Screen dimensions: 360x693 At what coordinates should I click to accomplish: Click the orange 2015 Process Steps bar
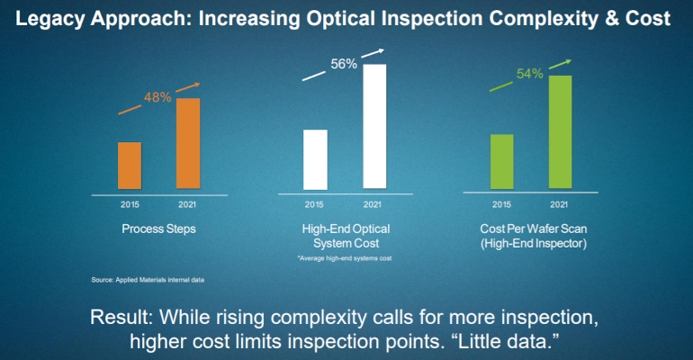coord(130,166)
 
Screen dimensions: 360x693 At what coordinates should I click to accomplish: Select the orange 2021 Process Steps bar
coord(187,143)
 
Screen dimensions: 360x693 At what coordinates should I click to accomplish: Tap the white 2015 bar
coord(314,159)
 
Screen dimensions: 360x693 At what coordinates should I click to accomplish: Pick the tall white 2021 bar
coord(373,126)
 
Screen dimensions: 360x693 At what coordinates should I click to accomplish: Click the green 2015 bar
coord(501,162)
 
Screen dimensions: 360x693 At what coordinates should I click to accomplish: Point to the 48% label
coord(157,97)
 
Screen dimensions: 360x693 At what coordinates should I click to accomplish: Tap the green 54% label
coord(528,74)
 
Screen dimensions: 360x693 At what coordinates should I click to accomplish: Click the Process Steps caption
coord(158,229)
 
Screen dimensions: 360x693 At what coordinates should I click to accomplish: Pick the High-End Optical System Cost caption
coord(343,236)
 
